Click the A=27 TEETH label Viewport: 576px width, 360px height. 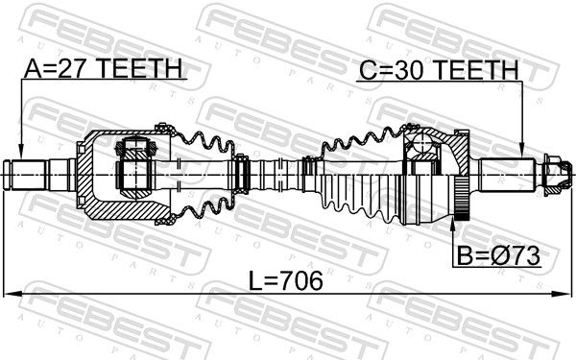tap(104, 68)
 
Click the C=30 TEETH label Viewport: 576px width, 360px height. tap(439, 70)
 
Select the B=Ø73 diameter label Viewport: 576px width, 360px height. tap(498, 256)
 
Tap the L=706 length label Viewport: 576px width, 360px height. tap(286, 280)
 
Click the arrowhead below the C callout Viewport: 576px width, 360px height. tap(521, 149)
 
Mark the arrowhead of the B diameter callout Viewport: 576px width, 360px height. tap(452, 225)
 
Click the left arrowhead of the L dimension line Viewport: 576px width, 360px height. tap(12, 294)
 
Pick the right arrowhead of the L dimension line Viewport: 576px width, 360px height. tap(563, 294)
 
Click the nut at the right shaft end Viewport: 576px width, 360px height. tap(557, 175)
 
